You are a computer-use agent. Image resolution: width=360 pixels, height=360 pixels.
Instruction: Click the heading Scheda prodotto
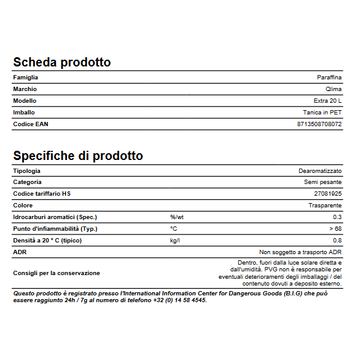click(62, 63)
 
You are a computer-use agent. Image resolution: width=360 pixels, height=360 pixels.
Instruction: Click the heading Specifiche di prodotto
click(78, 156)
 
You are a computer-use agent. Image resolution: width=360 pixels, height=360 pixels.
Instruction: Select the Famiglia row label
click(26, 78)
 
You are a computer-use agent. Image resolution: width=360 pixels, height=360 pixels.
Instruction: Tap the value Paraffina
click(329, 78)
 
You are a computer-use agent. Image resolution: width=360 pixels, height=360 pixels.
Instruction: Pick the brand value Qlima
click(334, 89)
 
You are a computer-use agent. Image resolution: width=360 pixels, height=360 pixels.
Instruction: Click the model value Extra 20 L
click(327, 101)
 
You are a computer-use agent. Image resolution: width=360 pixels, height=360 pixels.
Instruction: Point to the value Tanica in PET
click(322, 113)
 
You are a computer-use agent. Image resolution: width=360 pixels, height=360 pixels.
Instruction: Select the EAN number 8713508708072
click(319, 124)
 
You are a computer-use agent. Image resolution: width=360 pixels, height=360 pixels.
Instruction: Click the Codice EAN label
click(31, 124)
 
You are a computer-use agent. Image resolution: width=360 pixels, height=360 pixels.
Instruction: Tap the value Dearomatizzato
click(320, 170)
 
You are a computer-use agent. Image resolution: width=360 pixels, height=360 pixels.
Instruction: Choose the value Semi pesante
click(323, 182)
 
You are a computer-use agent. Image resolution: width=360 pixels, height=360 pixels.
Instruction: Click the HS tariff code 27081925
click(328, 194)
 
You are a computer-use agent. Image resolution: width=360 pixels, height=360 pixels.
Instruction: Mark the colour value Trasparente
click(325, 206)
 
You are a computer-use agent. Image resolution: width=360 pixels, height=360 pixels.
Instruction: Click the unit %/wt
click(177, 217)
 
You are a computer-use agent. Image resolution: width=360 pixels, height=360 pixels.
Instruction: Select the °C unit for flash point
click(174, 229)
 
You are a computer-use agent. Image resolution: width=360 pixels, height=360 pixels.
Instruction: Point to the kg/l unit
click(175, 241)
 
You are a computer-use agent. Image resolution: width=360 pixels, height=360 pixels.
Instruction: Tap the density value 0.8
click(337, 241)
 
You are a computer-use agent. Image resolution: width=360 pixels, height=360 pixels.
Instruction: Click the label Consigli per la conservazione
click(57, 273)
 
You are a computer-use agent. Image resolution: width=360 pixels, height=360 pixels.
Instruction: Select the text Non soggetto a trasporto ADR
click(300, 252)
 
